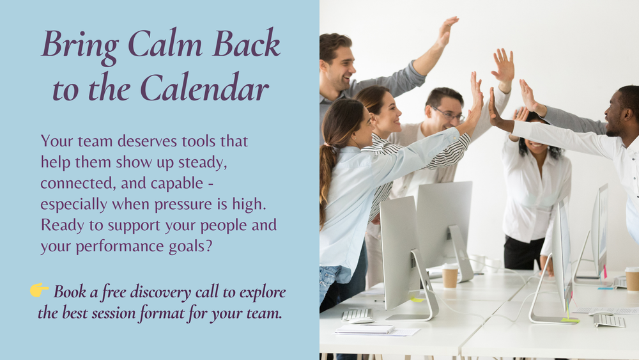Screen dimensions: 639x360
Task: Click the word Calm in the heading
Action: pyautogui.click(x=165, y=44)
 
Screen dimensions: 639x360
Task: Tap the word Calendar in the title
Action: pyautogui.click(x=204, y=88)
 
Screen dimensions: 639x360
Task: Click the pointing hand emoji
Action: pyautogui.click(x=39, y=290)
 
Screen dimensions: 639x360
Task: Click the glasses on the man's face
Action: pyautogui.click(x=449, y=114)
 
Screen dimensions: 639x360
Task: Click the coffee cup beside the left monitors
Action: pyautogui.click(x=450, y=276)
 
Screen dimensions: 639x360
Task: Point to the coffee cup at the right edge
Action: pyautogui.click(x=632, y=280)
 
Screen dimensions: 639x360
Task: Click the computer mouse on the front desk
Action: pyautogui.click(x=361, y=321)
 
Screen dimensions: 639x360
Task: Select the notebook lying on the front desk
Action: pyautogui.click(x=365, y=329)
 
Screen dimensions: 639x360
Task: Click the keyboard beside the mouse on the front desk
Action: pyautogui.click(x=357, y=315)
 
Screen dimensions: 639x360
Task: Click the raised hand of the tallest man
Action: pyautogui.click(x=447, y=30)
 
